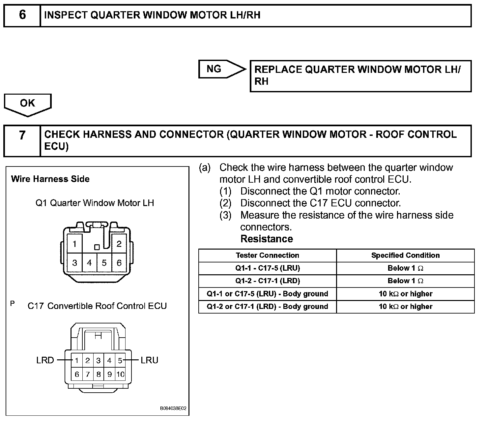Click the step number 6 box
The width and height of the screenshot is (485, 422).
pos(22,15)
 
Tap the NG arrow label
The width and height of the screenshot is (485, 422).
pos(214,69)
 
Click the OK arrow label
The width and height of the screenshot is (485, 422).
pos(27,103)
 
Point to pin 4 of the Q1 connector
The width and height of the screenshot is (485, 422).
pos(89,263)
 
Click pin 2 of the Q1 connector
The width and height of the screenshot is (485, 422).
pos(119,244)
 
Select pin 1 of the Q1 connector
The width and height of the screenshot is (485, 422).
pos(75,244)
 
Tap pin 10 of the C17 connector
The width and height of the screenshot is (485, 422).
pos(120,374)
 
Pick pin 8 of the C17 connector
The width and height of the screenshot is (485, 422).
pos(99,374)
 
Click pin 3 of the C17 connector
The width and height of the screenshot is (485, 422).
pos(99,360)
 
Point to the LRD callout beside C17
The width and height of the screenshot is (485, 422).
pos(45,360)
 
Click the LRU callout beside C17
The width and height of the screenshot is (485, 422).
pos(150,360)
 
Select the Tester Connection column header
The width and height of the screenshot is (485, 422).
pos(267,256)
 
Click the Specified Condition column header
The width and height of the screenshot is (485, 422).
pos(405,256)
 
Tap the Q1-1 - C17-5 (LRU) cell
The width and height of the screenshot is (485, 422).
pos(267,268)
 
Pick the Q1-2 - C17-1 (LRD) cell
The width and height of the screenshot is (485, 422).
pos(267,281)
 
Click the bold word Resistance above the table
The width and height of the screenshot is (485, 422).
pos(267,239)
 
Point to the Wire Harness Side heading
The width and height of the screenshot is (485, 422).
pos(50,179)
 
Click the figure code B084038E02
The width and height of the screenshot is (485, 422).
pos(173,408)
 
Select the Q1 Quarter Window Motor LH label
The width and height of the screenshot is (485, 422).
pos(95,203)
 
